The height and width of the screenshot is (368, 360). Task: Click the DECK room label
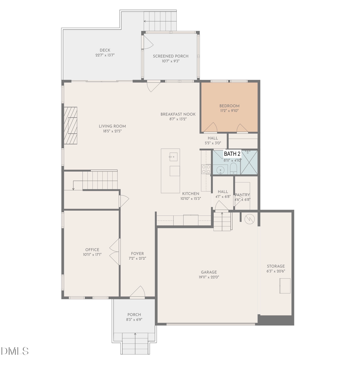point(105,50)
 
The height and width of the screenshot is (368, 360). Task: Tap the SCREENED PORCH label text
point(170,56)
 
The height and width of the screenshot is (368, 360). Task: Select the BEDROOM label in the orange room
point(229,106)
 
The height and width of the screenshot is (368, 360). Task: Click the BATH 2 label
point(232,154)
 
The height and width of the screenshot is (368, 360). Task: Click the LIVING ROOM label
point(112,126)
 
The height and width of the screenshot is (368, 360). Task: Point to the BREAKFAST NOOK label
point(178,114)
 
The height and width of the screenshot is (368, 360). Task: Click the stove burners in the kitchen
point(206,169)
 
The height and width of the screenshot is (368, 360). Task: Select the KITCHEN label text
point(190,193)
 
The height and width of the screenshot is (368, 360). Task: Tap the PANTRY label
point(242,195)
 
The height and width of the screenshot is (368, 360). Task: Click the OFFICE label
point(92,250)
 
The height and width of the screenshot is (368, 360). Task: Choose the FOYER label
point(137,254)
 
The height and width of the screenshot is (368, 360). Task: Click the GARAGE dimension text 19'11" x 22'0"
point(209,277)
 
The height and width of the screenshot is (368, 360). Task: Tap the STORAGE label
point(276,266)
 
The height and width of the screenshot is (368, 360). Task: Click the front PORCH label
point(134,314)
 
